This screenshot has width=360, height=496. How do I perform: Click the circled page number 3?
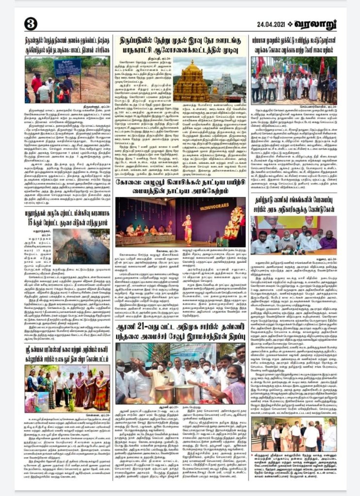click(x=30, y=23)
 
